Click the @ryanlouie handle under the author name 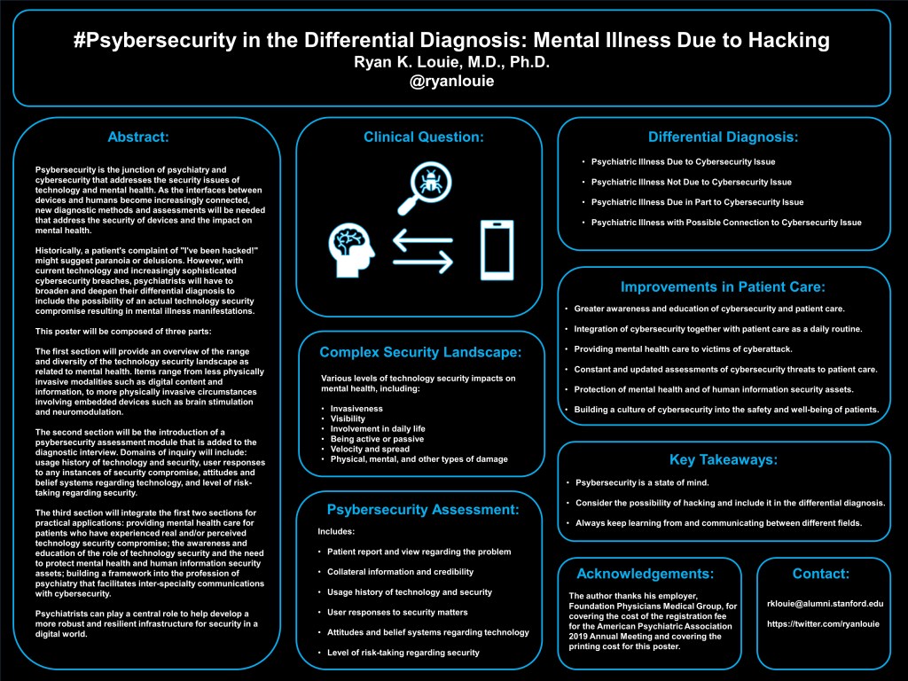(x=452, y=82)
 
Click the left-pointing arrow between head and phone (x=423, y=262)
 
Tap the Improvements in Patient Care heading (x=723, y=287)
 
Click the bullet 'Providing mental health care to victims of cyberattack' (x=683, y=348)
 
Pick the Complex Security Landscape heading (x=420, y=353)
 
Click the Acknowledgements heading (x=645, y=573)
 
